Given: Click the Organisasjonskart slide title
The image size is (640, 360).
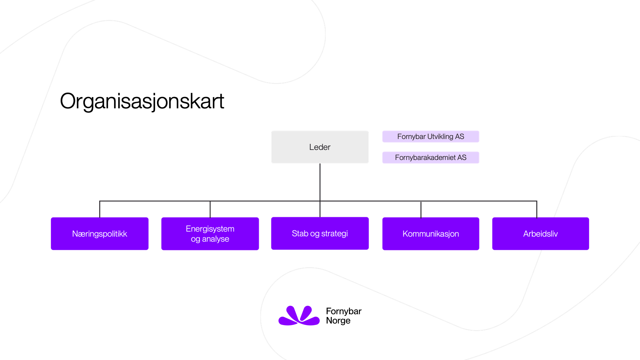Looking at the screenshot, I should [142, 101].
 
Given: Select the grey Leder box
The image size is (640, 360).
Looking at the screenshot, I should [320, 147].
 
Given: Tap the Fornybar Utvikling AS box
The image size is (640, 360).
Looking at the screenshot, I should [430, 137].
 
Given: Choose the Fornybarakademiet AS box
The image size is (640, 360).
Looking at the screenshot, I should [430, 158].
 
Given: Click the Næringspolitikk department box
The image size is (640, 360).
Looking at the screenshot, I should [100, 234].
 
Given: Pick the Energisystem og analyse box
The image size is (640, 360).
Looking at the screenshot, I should [210, 234].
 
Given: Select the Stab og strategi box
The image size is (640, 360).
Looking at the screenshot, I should [320, 233].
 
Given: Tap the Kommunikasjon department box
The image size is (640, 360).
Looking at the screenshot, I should [430, 234].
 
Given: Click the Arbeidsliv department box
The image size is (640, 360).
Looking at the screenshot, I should [540, 234].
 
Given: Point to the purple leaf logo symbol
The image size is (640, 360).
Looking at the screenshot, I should [299, 316].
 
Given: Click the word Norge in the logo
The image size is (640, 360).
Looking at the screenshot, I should [338, 321].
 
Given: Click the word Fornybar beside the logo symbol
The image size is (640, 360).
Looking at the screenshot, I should [344, 311].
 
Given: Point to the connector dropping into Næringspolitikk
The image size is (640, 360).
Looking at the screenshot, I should [100, 209].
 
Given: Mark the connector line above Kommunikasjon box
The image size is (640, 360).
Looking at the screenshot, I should [421, 209].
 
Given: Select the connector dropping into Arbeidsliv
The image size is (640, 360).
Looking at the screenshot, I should [537, 209].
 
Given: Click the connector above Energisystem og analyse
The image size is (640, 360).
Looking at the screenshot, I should [210, 209].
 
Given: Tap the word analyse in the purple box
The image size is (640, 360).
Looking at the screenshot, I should [215, 239].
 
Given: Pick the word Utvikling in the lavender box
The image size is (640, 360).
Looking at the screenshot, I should [440, 137].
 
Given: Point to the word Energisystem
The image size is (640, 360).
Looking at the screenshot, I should [210, 229].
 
